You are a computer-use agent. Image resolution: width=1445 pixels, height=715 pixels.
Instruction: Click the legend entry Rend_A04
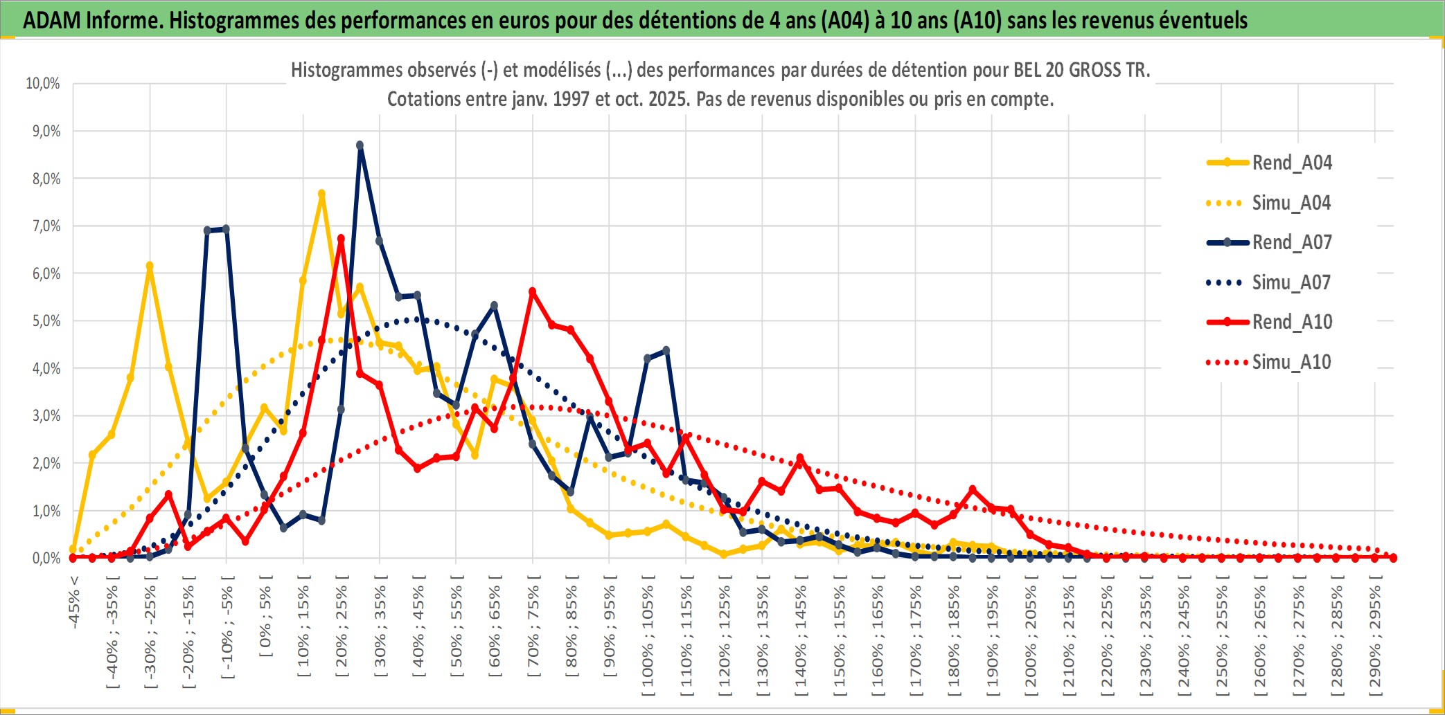(1291, 163)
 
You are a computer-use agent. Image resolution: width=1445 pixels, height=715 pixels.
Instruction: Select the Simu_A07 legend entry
(1291, 282)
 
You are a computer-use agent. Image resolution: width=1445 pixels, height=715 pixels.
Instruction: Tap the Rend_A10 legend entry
(1291, 322)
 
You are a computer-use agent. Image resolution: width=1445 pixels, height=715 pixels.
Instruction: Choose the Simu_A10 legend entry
(1291, 362)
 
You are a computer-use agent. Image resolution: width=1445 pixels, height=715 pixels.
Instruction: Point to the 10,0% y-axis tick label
(43, 84)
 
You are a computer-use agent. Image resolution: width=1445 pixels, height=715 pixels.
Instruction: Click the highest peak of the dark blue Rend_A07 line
(360, 145)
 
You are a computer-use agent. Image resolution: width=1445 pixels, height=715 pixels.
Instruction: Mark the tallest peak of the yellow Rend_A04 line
(321, 194)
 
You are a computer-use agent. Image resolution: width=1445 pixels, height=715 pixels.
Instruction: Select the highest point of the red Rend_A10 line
(341, 239)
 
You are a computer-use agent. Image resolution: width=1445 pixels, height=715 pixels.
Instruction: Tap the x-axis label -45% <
(74, 602)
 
